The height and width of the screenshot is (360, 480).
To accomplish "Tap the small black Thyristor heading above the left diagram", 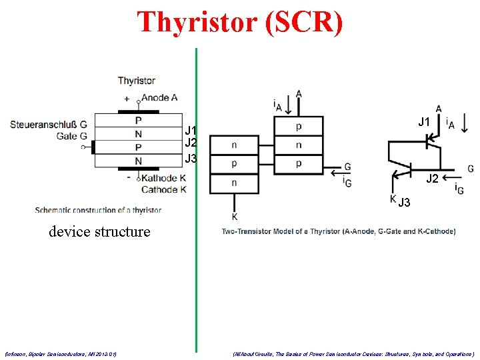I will pyautogui.click(x=137, y=81).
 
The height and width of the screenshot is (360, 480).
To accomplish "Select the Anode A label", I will pyautogui.click(x=159, y=98).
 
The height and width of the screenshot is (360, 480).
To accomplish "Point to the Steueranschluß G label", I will pyautogui.click(x=49, y=124).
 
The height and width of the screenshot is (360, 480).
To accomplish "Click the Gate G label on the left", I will pyautogui.click(x=72, y=135).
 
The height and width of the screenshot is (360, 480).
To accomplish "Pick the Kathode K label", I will pyautogui.click(x=163, y=178).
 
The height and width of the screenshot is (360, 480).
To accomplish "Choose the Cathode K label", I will pyautogui.click(x=163, y=189).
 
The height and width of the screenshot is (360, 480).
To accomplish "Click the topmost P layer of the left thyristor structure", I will pyautogui.click(x=138, y=121).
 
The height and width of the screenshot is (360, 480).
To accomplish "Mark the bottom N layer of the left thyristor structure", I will pyautogui.click(x=138, y=161).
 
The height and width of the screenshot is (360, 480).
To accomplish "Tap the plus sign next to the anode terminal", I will pyautogui.click(x=127, y=99).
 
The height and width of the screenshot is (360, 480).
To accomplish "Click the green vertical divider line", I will pyautogui.click(x=196, y=200).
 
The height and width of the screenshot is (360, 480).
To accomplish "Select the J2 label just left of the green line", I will pyautogui.click(x=191, y=143).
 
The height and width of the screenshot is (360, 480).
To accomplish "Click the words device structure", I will pyautogui.click(x=99, y=232).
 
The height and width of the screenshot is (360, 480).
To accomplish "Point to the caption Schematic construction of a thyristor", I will pyautogui.click(x=98, y=210).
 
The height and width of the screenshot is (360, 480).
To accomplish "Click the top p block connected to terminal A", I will pyautogui.click(x=298, y=127).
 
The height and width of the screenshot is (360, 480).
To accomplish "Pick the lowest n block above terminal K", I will pyautogui.click(x=233, y=183).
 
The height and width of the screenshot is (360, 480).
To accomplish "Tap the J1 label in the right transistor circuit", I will pyautogui.click(x=423, y=122).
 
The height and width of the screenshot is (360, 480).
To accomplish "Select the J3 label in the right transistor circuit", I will pyautogui.click(x=405, y=203).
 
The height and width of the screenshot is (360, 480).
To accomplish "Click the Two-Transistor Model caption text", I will pyautogui.click(x=339, y=231).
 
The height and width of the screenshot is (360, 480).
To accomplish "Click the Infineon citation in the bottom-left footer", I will pyautogui.click(x=61, y=354).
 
